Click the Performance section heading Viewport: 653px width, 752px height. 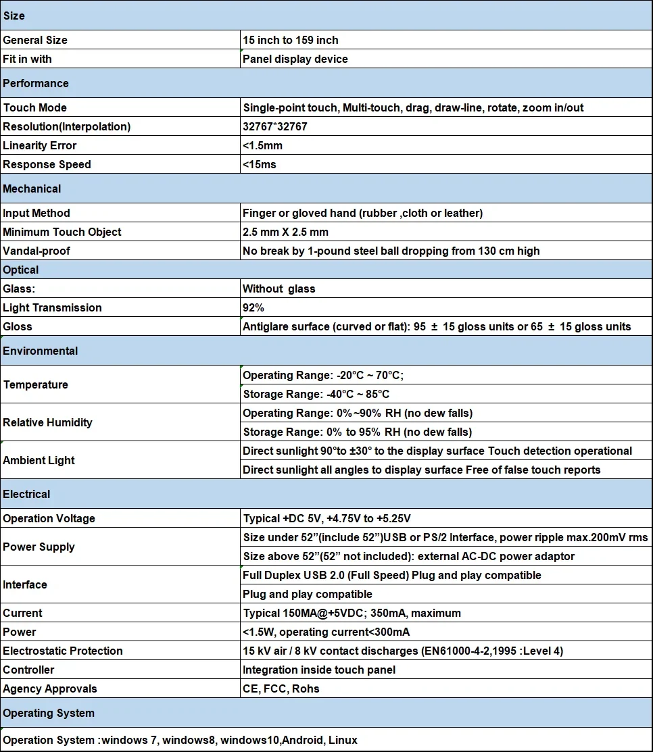pyautogui.click(x=36, y=83)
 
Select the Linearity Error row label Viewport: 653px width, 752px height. pyautogui.click(x=40, y=145)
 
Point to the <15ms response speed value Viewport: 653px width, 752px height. pyautogui.click(x=260, y=164)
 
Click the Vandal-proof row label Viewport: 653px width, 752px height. pyautogui.click(x=37, y=251)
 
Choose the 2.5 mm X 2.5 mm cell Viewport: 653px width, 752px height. pyautogui.click(x=285, y=232)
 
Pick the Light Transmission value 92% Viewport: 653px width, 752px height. pyautogui.click(x=253, y=307)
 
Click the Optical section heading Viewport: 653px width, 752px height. pyautogui.click(x=21, y=270)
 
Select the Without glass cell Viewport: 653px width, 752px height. pyautogui.click(x=279, y=289)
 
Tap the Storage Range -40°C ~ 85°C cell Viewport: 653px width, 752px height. pyautogui.click(x=316, y=394)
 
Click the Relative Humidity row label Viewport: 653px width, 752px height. pyautogui.click(x=47, y=422)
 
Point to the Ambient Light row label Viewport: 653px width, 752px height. pyautogui.click(x=39, y=460)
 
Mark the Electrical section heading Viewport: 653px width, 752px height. pyautogui.click(x=26, y=494)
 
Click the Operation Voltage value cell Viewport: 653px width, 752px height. pyautogui.click(x=326, y=518)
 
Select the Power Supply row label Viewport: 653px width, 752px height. pyautogui.click(x=39, y=547)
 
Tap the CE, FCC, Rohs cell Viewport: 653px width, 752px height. pyautogui.click(x=281, y=688)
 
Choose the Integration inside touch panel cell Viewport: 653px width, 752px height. pyautogui.click(x=319, y=670)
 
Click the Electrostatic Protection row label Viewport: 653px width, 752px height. pyautogui.click(x=63, y=651)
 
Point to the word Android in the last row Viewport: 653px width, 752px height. pyautogui.click(x=303, y=740)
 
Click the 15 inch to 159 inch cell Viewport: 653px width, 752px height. pyautogui.click(x=291, y=40)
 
